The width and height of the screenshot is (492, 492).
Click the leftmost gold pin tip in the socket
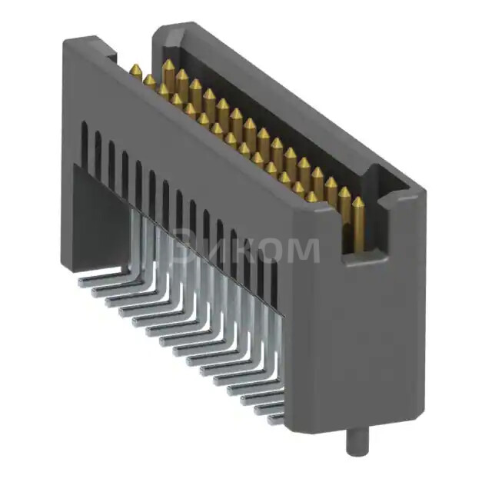[x=135, y=71]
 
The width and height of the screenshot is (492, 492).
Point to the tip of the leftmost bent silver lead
[x=83, y=282]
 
